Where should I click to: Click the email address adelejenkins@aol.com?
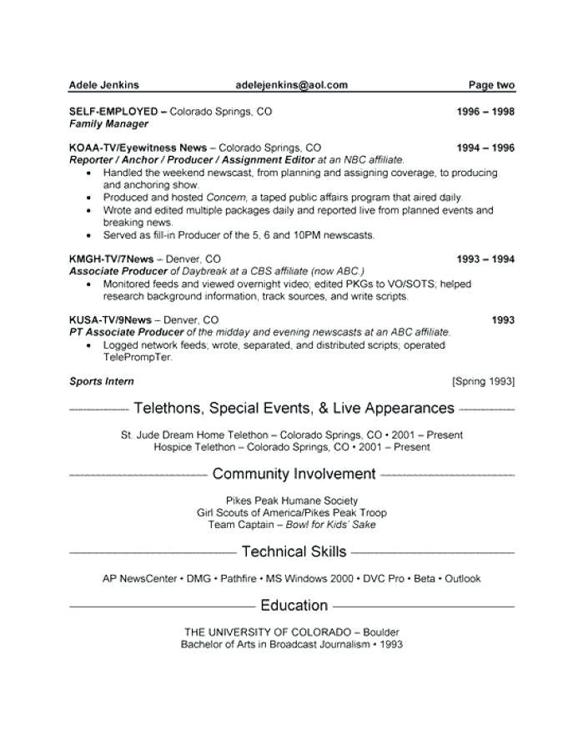click(291, 84)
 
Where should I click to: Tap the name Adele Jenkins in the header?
click(103, 84)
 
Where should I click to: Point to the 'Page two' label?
click(491, 84)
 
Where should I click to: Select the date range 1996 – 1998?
click(485, 111)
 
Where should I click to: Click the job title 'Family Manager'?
click(108, 123)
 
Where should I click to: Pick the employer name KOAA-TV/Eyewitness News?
click(138, 148)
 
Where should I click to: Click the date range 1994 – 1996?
click(485, 148)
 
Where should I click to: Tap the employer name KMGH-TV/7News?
click(111, 259)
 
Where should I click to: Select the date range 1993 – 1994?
click(485, 259)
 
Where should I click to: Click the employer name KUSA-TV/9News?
click(110, 320)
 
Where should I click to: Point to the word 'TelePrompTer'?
click(138, 357)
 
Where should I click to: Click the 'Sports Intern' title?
click(102, 381)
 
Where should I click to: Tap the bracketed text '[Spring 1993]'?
click(483, 381)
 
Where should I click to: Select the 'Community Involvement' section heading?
click(294, 474)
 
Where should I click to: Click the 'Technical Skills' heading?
click(294, 551)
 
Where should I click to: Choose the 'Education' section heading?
click(294, 605)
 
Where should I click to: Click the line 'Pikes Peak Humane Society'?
click(292, 501)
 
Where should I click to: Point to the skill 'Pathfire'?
click(239, 578)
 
